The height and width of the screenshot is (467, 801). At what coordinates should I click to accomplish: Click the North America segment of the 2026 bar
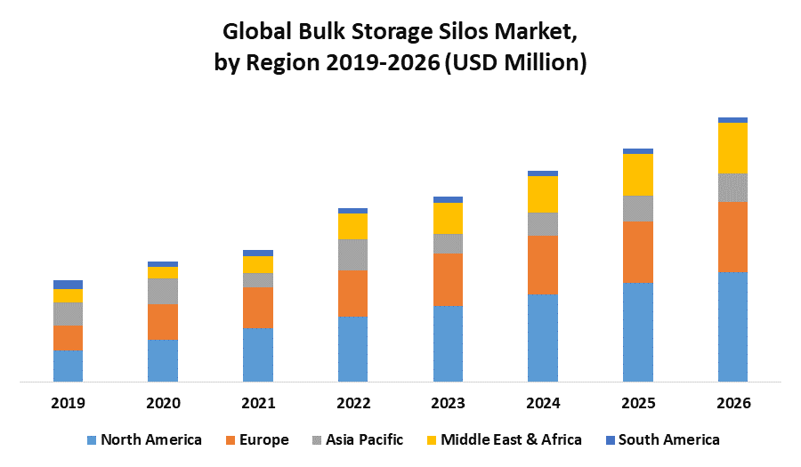(x=732, y=326)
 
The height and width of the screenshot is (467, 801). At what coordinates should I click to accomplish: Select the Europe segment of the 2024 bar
(x=543, y=265)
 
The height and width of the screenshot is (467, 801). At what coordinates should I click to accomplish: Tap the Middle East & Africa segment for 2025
(x=638, y=174)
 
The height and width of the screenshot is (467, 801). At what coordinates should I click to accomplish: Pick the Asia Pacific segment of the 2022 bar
(x=353, y=254)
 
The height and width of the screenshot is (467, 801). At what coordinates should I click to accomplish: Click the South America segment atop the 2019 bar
(x=68, y=285)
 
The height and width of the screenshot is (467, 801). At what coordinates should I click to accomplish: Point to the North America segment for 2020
(x=163, y=360)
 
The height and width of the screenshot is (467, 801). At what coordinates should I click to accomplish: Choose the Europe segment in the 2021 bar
(x=258, y=308)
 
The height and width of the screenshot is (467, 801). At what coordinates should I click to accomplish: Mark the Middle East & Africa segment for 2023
(x=448, y=218)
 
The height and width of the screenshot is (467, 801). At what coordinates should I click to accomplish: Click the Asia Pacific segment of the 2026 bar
(x=732, y=188)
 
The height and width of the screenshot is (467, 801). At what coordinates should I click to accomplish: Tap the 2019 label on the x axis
(x=68, y=403)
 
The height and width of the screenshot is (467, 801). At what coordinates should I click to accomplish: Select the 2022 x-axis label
(x=353, y=403)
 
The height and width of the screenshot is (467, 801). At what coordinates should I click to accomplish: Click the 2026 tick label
(x=732, y=403)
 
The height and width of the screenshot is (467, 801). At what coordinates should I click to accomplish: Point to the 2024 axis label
(x=543, y=403)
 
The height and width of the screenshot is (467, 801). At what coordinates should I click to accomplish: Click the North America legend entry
(x=150, y=439)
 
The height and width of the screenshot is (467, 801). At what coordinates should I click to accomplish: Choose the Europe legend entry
(x=263, y=439)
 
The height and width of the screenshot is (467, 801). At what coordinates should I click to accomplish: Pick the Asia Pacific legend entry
(x=364, y=439)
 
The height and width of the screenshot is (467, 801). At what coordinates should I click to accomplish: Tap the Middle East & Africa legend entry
(x=511, y=439)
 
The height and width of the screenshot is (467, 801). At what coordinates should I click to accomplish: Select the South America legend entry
(x=668, y=439)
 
